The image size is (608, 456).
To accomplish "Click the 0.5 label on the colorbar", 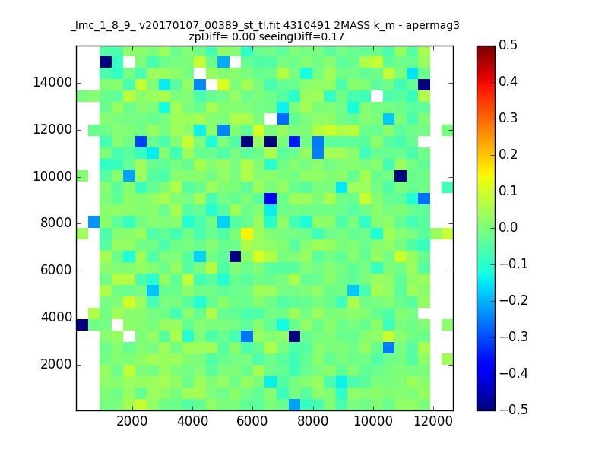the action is tap(508, 45).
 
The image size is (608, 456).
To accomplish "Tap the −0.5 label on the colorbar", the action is tap(514, 410).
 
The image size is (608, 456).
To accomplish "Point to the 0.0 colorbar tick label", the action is tap(508, 227).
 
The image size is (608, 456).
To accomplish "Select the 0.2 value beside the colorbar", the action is tap(508, 154).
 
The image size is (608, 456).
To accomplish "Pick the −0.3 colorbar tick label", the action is tap(514, 337).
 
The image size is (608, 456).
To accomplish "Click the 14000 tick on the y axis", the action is tap(52, 83).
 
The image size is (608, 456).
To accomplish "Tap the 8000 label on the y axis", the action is tap(56, 223).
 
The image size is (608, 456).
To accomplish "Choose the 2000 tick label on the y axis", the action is tap(56, 365).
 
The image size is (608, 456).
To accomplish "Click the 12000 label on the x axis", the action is tap(433, 421).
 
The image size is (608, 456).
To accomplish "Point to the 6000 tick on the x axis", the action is tap(252, 421).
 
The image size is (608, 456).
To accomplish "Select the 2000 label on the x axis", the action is tap(131, 421).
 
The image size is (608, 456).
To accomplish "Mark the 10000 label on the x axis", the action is tap(373, 421).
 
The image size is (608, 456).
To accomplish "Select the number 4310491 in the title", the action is tap(307, 26).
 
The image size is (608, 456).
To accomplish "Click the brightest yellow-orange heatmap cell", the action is tap(247, 234).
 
